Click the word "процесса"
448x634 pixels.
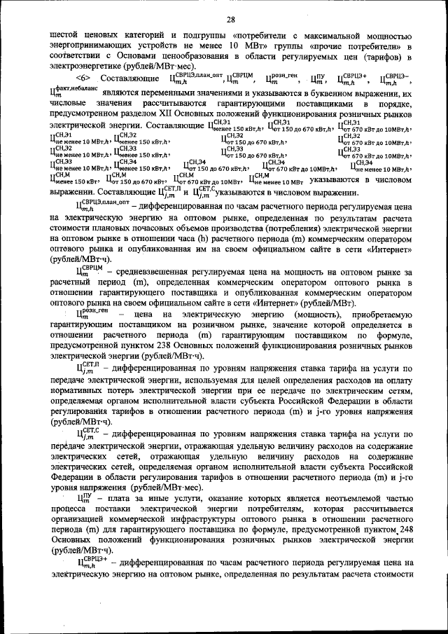pyautogui.click(x=70, y=510)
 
